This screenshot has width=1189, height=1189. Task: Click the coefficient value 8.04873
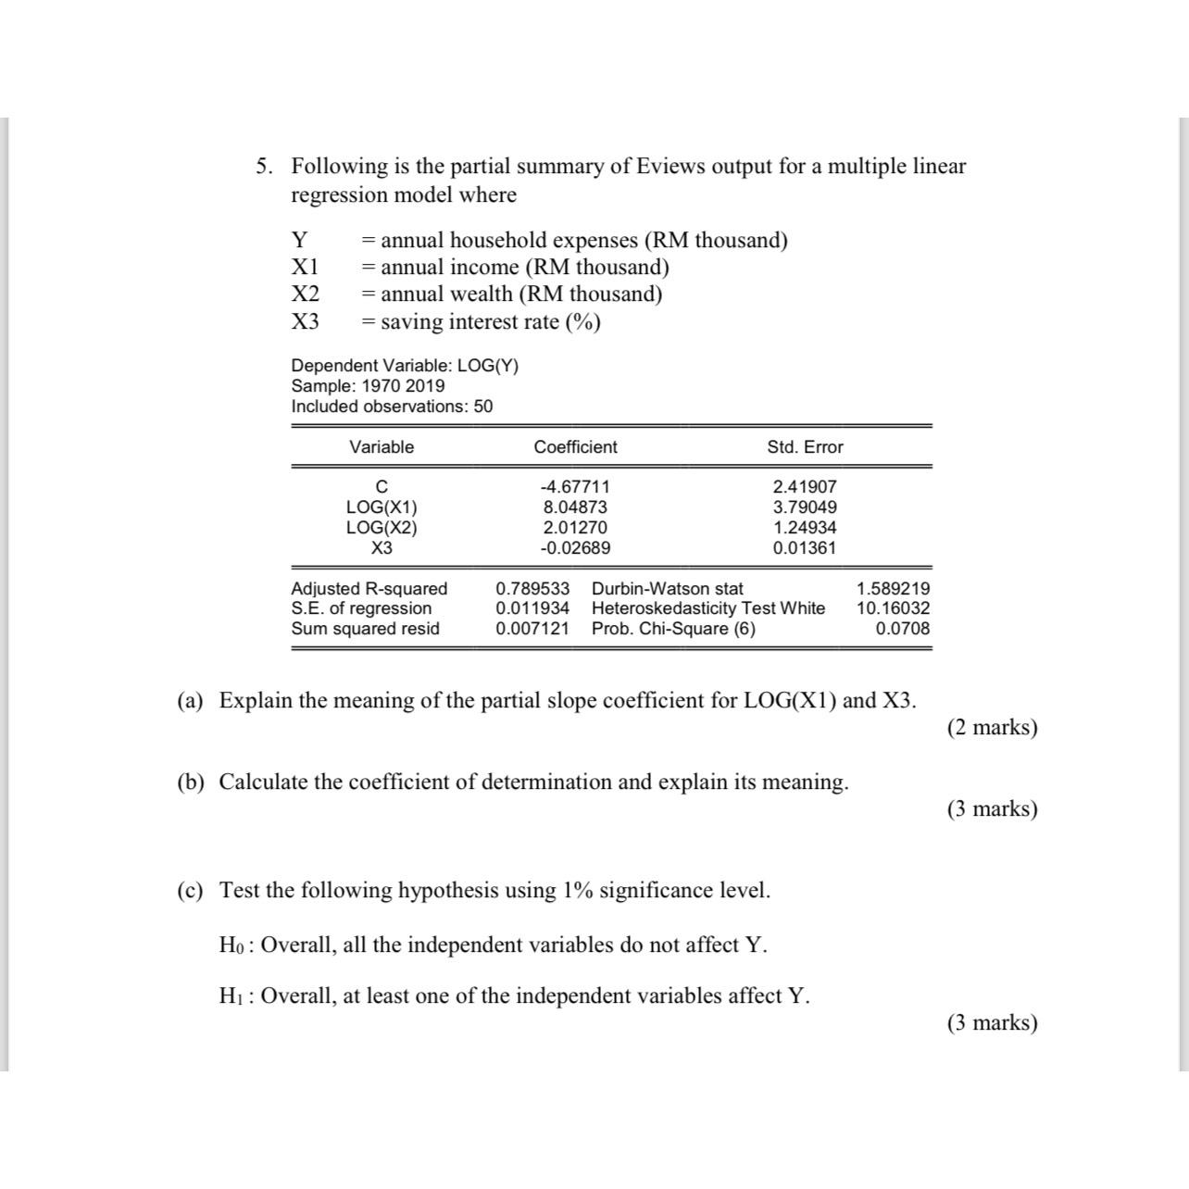click(x=575, y=507)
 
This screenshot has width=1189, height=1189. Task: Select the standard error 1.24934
click(x=805, y=528)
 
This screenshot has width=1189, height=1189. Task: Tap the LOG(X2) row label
click(x=382, y=528)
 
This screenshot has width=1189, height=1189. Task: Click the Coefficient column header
click(x=575, y=447)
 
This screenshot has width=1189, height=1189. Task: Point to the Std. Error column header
click(x=805, y=447)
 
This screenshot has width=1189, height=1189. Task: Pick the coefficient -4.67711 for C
click(x=575, y=487)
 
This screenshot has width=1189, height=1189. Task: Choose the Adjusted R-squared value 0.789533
click(x=532, y=589)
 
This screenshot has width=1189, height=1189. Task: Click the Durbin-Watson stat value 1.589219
click(x=893, y=589)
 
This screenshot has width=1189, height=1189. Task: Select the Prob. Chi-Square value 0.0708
click(x=903, y=629)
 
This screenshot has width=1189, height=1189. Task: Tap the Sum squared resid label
click(x=365, y=629)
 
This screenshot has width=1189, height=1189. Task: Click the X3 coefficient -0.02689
click(x=575, y=548)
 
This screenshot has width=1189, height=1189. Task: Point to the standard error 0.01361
click(x=805, y=548)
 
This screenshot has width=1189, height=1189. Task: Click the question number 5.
click(x=265, y=167)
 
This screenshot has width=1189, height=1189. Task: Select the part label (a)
click(x=190, y=701)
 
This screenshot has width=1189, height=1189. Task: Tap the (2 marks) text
click(x=992, y=728)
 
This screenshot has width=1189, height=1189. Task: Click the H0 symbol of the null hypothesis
click(x=234, y=945)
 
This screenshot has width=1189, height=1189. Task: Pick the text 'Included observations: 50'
click(x=392, y=407)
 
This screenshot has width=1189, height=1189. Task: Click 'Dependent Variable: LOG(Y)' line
click(x=405, y=366)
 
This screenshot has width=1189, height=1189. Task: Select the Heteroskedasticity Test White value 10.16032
click(x=893, y=608)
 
